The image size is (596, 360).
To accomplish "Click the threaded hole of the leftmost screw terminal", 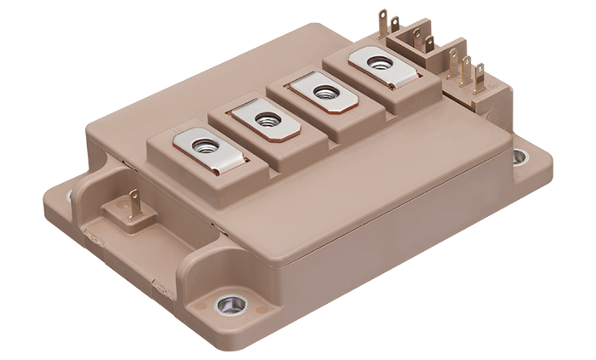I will click(x=203, y=146).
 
